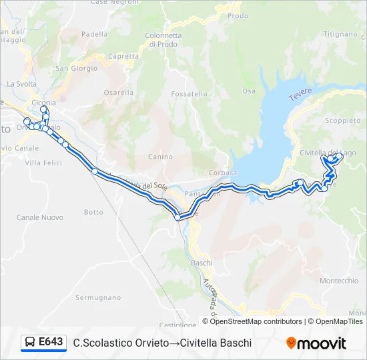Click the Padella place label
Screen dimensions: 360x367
(x=94, y=34)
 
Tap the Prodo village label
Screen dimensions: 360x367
(x=238, y=15)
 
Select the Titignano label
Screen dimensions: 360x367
(x=340, y=34)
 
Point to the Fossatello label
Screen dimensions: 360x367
(x=189, y=94)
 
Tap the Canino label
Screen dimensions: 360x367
(x=160, y=157)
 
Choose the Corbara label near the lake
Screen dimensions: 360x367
(x=218, y=172)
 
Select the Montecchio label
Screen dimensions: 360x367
(x=339, y=281)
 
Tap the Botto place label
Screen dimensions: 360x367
(x=94, y=212)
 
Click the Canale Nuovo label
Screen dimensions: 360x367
(x=40, y=217)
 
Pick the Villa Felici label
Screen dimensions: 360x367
(x=42, y=162)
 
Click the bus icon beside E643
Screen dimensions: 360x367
(x=30, y=343)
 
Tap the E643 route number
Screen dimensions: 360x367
(x=51, y=342)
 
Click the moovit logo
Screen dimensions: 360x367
(x=316, y=343)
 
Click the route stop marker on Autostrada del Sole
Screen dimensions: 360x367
(x=95, y=172)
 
